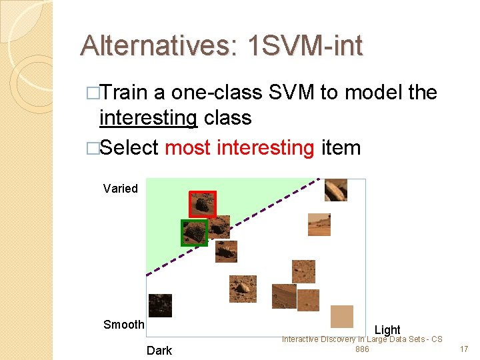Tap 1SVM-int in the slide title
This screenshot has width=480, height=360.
click(x=305, y=46)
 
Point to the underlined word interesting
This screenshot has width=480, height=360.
click(x=148, y=118)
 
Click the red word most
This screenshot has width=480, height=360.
click(x=188, y=147)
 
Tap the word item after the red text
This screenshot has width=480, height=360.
click(x=341, y=147)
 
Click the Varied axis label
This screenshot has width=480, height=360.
click(x=121, y=189)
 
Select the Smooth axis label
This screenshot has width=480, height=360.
click(x=123, y=325)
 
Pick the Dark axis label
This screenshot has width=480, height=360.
click(x=159, y=351)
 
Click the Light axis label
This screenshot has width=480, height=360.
click(x=387, y=329)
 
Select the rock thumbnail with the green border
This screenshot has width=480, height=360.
click(x=195, y=233)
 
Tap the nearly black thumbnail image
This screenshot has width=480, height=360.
click(x=160, y=305)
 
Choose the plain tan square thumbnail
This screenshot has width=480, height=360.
click(x=342, y=316)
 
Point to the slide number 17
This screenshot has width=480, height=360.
click(x=464, y=349)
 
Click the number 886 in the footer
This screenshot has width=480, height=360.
click(x=362, y=349)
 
